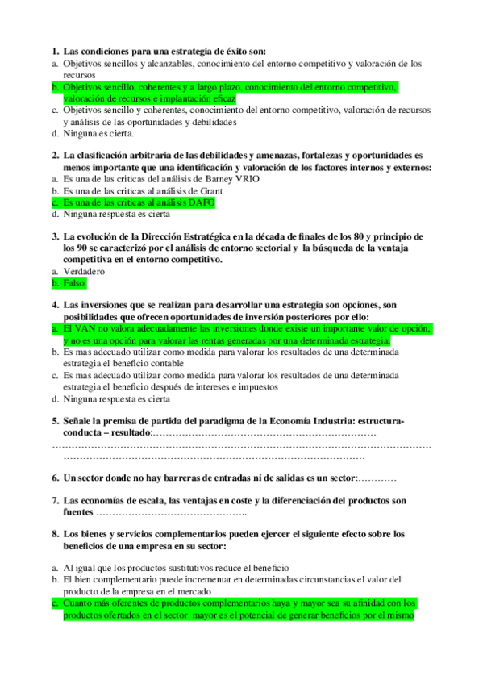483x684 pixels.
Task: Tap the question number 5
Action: [x=55, y=421]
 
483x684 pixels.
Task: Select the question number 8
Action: [x=55, y=534]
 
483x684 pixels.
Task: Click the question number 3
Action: [x=55, y=236]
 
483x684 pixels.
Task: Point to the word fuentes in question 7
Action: [x=78, y=512]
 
